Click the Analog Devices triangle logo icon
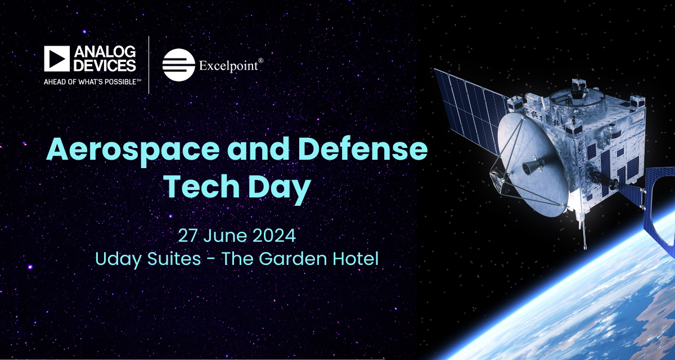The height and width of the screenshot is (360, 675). coord(57,58)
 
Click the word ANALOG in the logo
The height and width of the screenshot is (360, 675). coord(105,52)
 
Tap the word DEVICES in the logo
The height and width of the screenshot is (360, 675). coord(105,65)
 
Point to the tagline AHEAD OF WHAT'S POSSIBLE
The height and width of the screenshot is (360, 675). coord(92,82)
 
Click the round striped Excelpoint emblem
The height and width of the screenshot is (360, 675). coord(179,65)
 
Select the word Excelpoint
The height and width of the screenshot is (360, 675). coord(228,66)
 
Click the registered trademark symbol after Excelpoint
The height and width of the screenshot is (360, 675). coord(260,60)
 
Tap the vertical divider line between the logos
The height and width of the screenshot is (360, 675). coord(149,65)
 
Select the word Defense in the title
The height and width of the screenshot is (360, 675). coord(363,149)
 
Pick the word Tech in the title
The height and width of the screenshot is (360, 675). coord(202,187)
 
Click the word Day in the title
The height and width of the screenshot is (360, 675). coord(280,188)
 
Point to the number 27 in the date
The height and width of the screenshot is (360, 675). coord(188,236)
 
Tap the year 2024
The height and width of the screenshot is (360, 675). coord(274,236)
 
